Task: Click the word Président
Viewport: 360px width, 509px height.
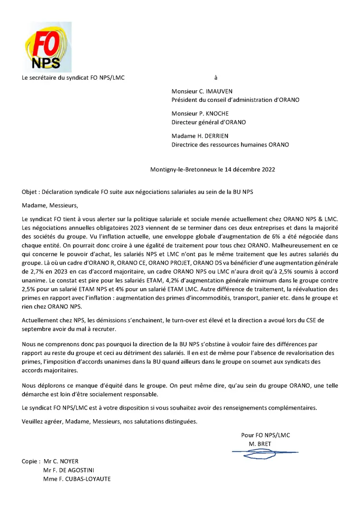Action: pyautogui.click(x=185, y=99)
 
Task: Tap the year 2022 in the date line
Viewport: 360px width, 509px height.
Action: pyautogui.click(x=267, y=170)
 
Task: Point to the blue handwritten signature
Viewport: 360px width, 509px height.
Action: pyautogui.click(x=264, y=452)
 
